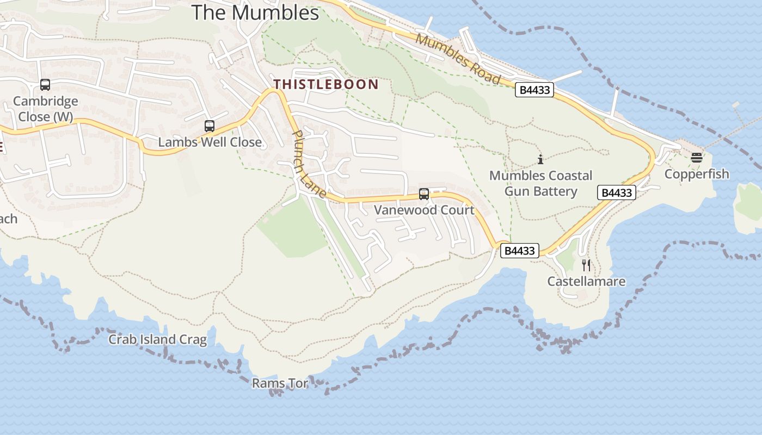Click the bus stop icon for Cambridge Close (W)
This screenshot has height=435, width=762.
click(x=45, y=85)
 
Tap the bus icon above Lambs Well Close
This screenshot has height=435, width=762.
click(x=210, y=126)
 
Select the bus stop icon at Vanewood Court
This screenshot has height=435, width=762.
click(x=424, y=194)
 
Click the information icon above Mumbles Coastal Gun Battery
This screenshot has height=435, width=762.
click(x=540, y=159)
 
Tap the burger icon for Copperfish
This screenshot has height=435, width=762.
click(x=697, y=158)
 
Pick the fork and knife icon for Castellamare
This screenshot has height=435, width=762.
click(x=586, y=265)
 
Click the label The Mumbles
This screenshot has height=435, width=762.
click(x=255, y=13)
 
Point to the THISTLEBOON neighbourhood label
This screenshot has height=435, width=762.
click(x=325, y=84)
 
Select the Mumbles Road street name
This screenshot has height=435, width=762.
click(x=458, y=59)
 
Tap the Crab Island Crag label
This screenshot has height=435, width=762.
click(x=157, y=340)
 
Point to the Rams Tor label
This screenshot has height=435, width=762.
click(x=280, y=383)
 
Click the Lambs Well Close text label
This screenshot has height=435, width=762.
click(x=210, y=142)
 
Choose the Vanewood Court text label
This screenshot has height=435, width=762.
click(x=424, y=210)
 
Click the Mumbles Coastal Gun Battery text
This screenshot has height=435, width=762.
click(x=540, y=183)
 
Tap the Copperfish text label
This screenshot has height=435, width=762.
click(x=697, y=174)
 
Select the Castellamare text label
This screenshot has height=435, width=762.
click(x=586, y=282)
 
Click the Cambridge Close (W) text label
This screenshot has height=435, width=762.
click(x=45, y=109)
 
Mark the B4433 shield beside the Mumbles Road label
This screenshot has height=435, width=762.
click(x=534, y=90)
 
